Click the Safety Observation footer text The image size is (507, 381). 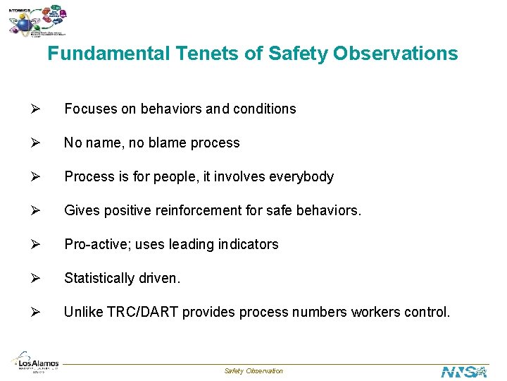click(x=254, y=371)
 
